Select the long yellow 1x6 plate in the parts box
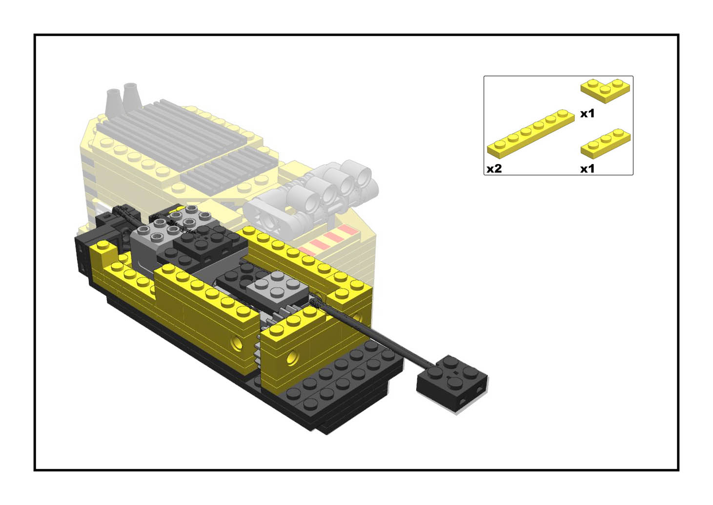(531, 133)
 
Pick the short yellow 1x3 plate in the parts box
(606, 144)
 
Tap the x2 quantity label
(494, 168)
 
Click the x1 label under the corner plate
(587, 114)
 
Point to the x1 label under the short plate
(587, 168)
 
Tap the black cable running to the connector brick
(372, 331)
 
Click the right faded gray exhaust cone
(132, 97)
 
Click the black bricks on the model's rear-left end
(92, 242)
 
